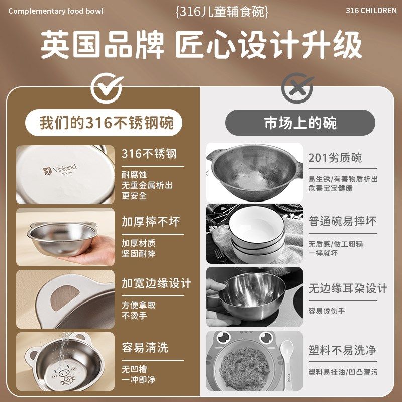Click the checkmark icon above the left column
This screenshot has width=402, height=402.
[107, 89]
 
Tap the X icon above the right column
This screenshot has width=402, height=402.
[297, 89]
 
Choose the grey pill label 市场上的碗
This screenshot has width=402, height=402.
[300, 123]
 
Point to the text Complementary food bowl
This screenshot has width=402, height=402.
[55, 11]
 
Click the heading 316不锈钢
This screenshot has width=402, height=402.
[149, 153]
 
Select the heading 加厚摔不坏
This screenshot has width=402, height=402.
[151, 221]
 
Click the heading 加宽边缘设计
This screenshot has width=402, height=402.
[156, 283]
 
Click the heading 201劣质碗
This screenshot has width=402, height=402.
[335, 158]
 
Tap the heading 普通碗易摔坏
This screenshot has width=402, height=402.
[342, 221]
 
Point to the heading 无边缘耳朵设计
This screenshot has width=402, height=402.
[348, 288]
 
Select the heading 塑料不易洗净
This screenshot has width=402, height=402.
[342, 350]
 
